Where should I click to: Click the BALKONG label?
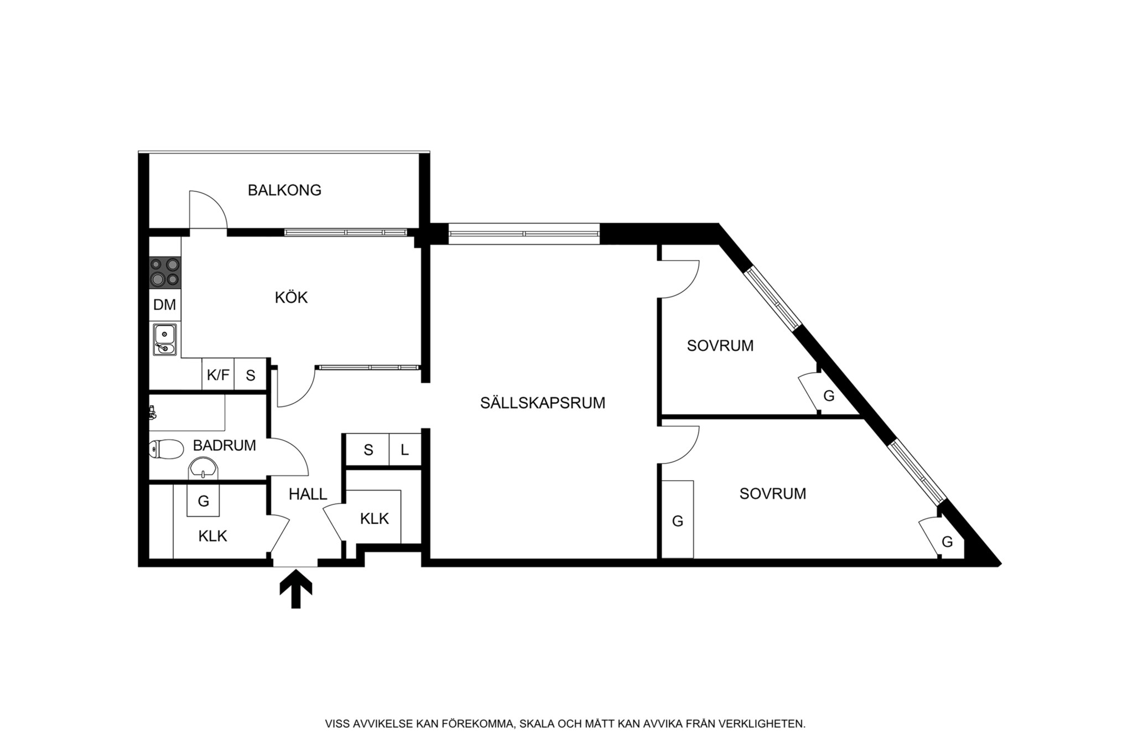tap(284, 190)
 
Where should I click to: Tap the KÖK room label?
tap(291, 298)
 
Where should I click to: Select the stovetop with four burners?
tap(165, 272)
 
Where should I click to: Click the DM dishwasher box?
tap(164, 305)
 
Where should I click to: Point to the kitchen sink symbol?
tap(165, 340)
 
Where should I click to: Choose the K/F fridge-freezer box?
tap(218, 375)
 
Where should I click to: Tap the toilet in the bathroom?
tap(166, 449)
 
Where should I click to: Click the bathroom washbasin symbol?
tap(204, 469)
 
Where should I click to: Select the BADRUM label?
tap(224, 445)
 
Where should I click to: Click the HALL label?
tap(308, 494)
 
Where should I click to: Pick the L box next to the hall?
tap(405, 450)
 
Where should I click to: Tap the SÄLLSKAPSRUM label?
tap(542, 403)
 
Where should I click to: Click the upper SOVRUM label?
tap(720, 346)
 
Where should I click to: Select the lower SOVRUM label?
tap(772, 493)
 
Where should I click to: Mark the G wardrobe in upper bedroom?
tap(828, 396)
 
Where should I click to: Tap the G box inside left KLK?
tap(203, 501)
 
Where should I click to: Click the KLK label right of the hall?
tap(374, 519)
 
